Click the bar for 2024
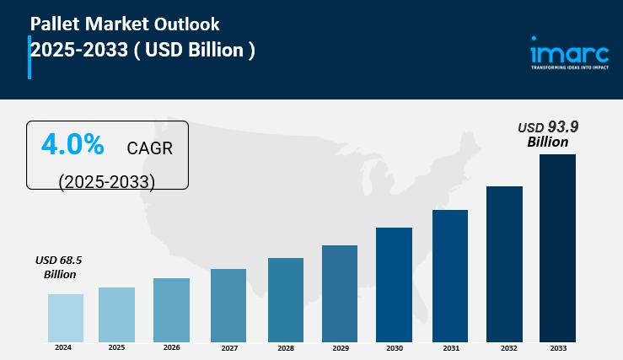click(x=66, y=318)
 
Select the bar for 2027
click(x=228, y=305)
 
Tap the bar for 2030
click(x=394, y=284)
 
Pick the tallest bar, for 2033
click(x=557, y=248)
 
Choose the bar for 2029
click(x=340, y=293)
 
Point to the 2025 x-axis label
click(x=116, y=347)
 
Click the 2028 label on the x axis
click(x=286, y=347)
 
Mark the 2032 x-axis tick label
click(x=504, y=347)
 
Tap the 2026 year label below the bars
click(x=171, y=347)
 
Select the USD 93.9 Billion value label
click(x=548, y=134)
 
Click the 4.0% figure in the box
click(x=73, y=145)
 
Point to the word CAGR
click(x=149, y=149)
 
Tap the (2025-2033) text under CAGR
click(x=106, y=181)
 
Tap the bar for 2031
click(x=450, y=276)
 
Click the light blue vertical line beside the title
click(x=30, y=57)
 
